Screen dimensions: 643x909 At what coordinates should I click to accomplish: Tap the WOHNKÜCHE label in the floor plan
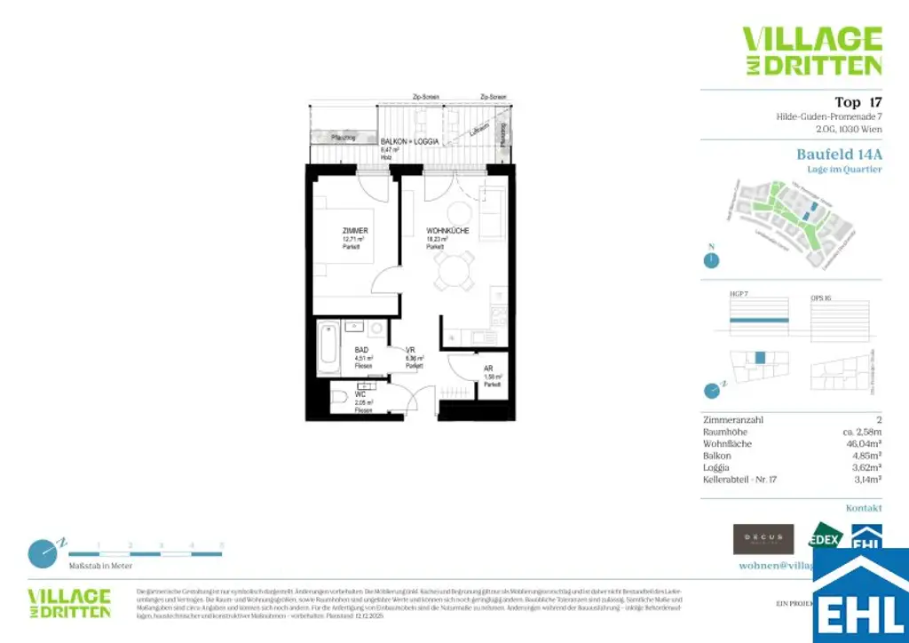point(441,230)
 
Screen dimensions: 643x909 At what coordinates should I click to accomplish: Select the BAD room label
point(361,350)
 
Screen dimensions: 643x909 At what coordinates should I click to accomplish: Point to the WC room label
point(360,394)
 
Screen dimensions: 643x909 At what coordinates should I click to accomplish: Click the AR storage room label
point(488,368)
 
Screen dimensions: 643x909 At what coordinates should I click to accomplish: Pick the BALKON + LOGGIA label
point(408,142)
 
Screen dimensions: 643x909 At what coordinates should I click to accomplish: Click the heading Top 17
point(858,102)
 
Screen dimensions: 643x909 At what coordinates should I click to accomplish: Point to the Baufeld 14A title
point(839,154)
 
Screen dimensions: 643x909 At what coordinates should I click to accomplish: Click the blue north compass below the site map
point(710,260)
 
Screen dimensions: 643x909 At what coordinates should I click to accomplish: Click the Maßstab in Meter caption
point(100,566)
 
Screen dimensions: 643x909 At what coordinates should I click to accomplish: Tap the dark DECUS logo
point(763,538)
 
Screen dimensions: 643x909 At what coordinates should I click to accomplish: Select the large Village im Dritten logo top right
point(811,51)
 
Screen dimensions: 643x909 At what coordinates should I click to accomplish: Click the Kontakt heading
point(863,508)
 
